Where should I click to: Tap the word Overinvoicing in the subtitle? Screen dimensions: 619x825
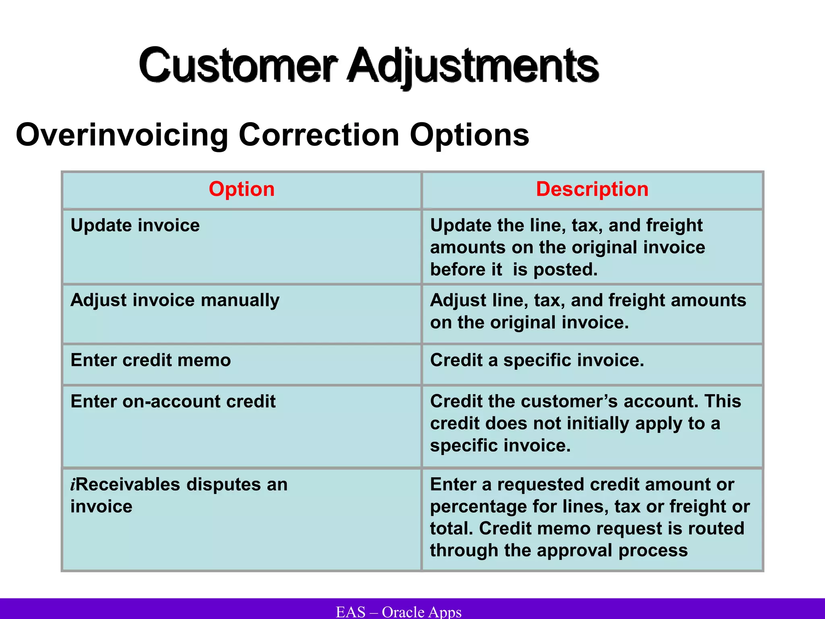coord(122,135)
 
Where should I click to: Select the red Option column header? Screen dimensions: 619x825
coord(242,189)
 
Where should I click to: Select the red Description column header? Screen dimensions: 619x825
coord(592,189)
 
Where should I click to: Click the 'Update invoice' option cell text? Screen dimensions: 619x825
coord(135,225)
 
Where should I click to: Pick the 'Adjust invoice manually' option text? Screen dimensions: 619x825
coord(175,301)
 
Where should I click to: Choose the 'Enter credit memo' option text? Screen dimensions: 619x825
coord(151,360)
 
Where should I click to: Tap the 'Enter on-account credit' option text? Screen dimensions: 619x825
coord(173,402)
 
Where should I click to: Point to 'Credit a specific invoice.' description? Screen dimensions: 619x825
coord(537,360)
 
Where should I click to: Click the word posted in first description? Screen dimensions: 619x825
coord(565,270)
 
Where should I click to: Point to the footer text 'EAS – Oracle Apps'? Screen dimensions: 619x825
coord(399,612)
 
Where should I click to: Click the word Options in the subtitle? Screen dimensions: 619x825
coord(469,135)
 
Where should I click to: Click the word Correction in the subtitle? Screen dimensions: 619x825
coord(319,135)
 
